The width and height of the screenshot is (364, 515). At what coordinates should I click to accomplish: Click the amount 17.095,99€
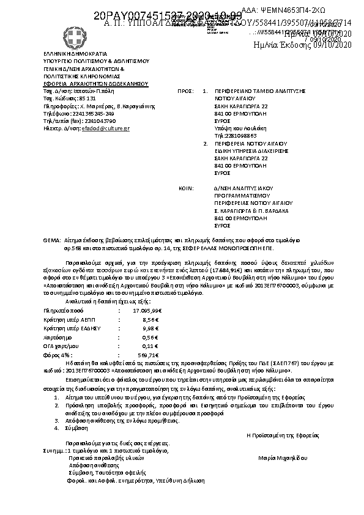(x=146, y=311)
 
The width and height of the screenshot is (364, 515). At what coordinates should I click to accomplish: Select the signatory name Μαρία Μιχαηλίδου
(x=282, y=457)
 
